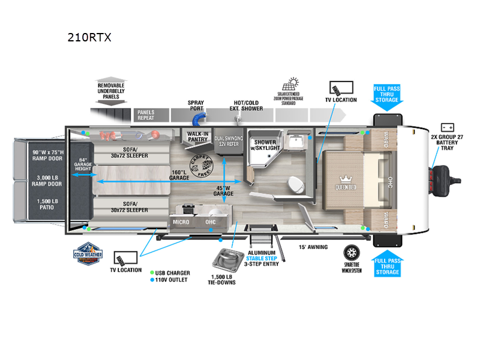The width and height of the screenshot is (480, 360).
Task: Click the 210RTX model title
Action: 90,37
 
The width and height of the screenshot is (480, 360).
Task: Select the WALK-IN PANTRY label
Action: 198,137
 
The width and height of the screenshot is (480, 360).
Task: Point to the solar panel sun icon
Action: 293,83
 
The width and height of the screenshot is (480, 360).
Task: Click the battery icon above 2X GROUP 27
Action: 446,127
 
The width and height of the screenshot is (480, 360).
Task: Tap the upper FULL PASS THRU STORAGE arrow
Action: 387,97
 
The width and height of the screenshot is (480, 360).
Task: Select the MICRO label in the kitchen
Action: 181,221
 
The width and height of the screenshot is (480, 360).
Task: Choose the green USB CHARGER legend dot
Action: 151,272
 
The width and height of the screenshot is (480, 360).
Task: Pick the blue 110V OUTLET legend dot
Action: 151,280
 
